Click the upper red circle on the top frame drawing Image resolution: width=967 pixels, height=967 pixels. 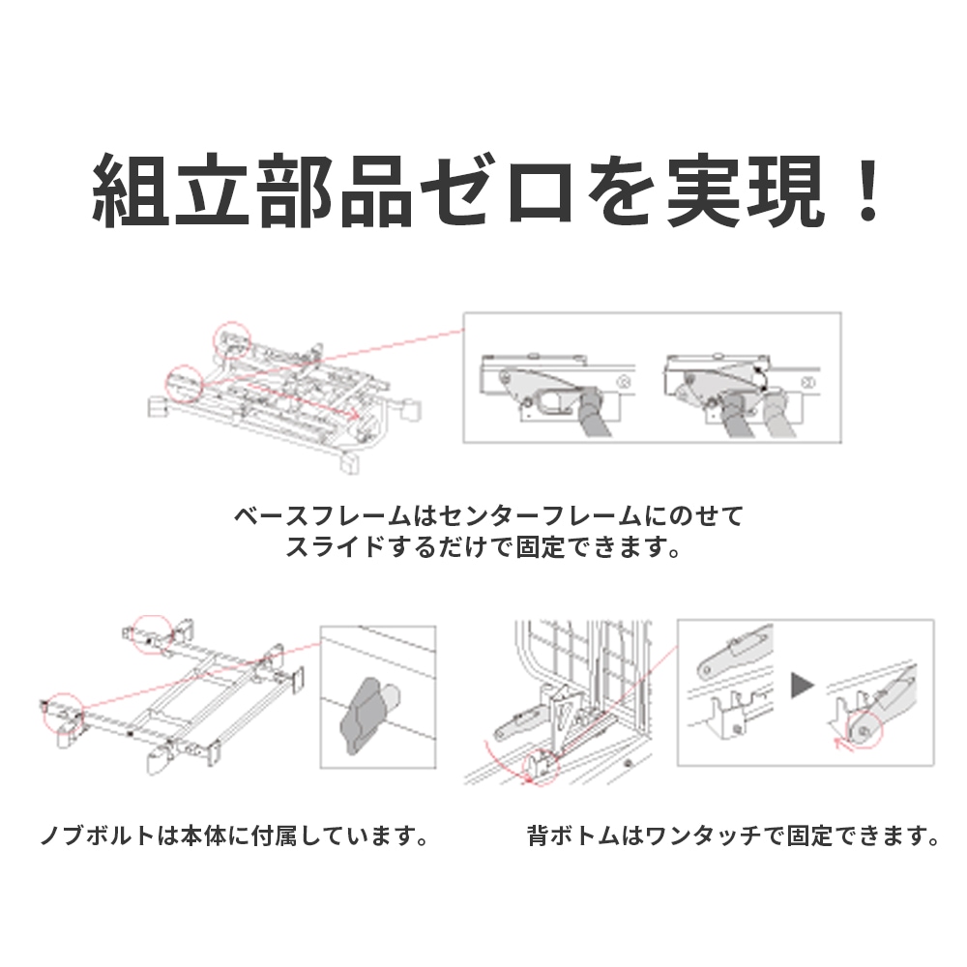click(232, 337)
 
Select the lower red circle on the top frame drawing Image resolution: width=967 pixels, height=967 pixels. click(184, 384)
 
